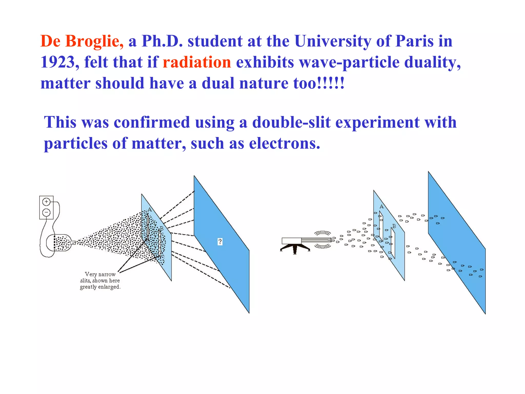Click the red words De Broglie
[82, 41]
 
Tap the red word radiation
[197, 62]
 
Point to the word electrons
[285, 143]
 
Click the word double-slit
[291, 122]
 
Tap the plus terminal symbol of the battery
[46, 202]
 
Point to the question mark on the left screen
[220, 242]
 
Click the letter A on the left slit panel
[150, 210]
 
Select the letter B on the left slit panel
[161, 228]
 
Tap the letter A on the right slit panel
[381, 206]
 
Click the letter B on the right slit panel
[394, 226]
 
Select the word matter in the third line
[66, 83]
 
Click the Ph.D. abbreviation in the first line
[162, 41]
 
